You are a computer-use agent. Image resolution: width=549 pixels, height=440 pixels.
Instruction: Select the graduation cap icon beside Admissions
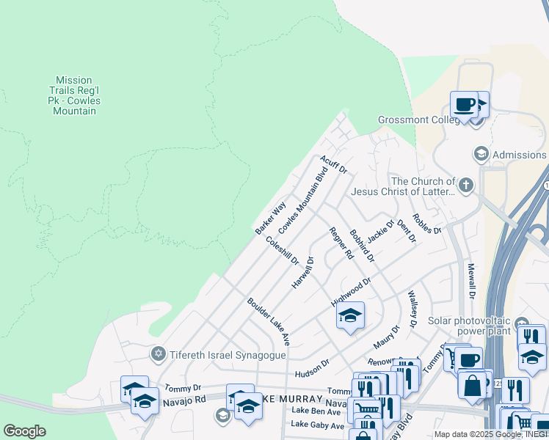(481, 154)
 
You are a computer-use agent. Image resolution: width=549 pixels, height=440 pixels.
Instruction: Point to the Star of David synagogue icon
(156, 354)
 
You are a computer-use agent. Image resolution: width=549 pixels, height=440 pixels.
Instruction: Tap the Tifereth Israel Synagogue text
(219, 354)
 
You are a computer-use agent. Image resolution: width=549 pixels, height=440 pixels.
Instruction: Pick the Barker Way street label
(269, 219)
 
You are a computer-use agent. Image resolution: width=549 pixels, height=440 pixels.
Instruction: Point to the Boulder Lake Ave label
(269, 321)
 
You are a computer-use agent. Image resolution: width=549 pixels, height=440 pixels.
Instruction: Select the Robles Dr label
(426, 223)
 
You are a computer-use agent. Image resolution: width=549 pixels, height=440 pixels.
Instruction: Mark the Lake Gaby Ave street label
(317, 425)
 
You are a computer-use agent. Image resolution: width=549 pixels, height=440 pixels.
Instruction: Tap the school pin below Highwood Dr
(351, 315)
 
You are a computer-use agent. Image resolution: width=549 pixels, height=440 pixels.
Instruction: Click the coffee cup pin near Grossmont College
(463, 104)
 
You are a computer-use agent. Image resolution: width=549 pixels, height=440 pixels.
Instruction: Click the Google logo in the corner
(24, 431)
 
